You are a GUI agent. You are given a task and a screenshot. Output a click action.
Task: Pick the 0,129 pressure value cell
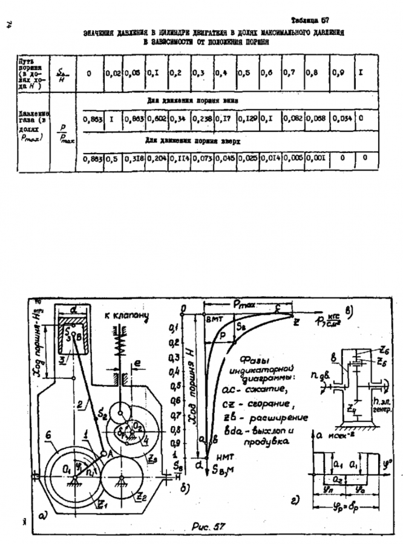point(247,120)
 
